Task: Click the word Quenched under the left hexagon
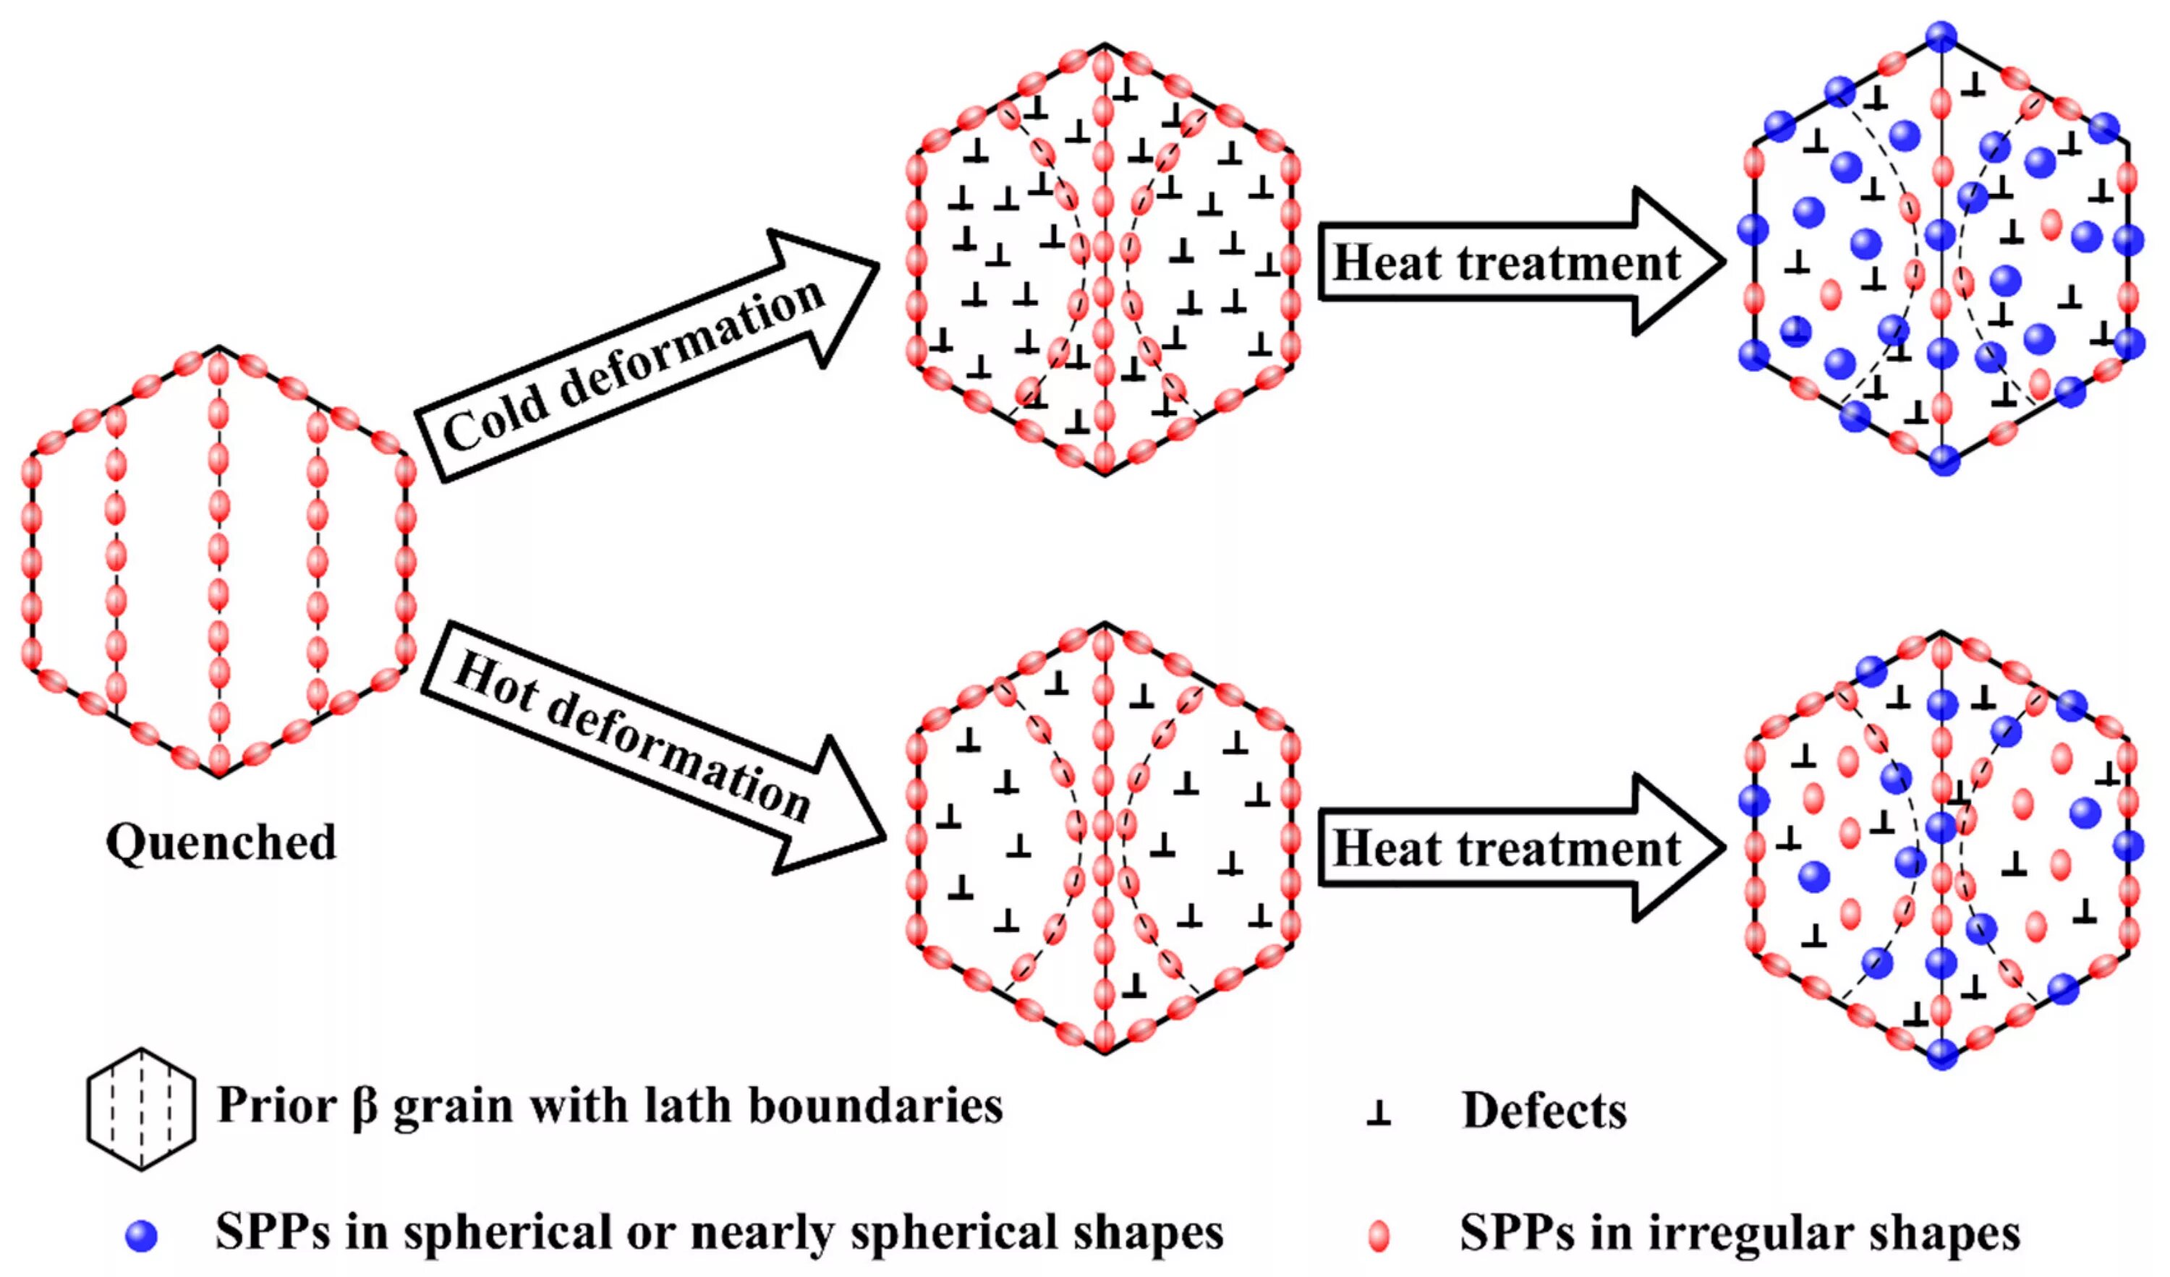(x=221, y=842)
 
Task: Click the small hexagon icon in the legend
(x=141, y=1109)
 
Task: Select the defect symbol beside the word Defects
(x=1378, y=1113)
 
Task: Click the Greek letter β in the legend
(x=365, y=1106)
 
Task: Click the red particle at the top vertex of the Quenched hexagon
(x=218, y=369)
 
